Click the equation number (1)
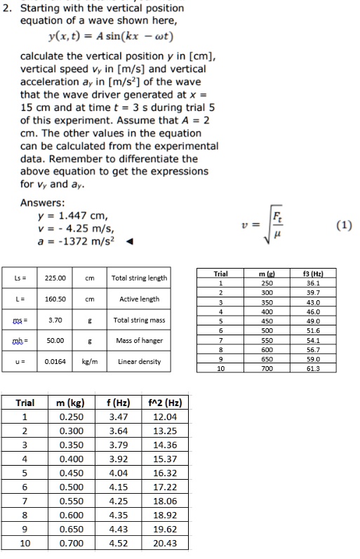(x=344, y=224)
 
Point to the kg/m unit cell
(x=90, y=362)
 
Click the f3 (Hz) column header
(x=326, y=274)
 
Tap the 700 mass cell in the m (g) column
(x=267, y=365)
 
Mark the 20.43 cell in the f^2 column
(x=164, y=543)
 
